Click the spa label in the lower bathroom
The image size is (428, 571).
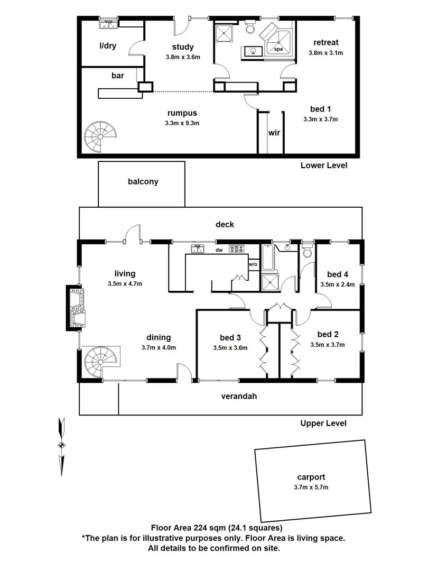pos(278,49)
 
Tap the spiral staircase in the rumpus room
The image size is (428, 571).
pos(99,135)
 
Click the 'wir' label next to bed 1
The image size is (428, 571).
pos(274,133)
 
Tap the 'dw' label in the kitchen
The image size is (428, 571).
pos(219,250)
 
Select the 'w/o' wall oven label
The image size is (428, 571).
pos(253,264)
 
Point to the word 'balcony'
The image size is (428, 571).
pos(143,181)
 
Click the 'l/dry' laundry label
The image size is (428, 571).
pos(108,46)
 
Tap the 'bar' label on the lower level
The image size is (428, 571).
pos(117,76)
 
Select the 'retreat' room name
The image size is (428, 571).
pos(325,42)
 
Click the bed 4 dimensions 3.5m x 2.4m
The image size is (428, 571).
pos(337,284)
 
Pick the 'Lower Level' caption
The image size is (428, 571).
pos(323,165)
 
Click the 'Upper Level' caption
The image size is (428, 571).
pos(323,423)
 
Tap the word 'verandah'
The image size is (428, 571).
pos(239,395)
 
